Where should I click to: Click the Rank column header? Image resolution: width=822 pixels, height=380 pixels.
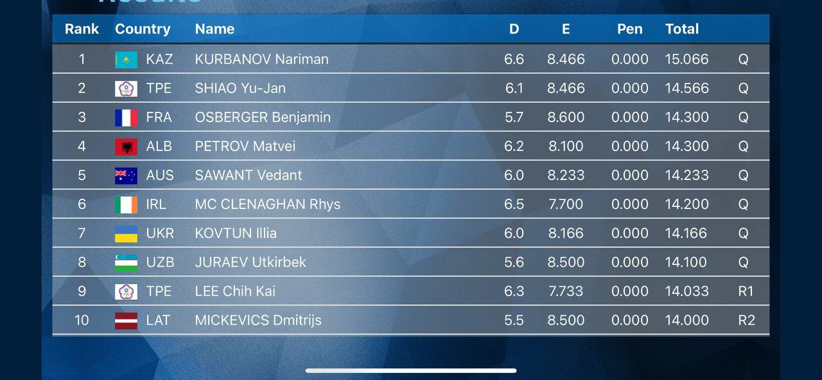point(82,29)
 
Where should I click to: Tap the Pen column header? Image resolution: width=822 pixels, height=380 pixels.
point(629,29)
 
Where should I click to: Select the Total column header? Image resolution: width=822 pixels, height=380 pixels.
point(682,29)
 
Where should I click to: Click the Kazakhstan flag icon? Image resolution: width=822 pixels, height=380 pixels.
point(126,60)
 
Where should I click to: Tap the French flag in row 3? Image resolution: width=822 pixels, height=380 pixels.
point(126,118)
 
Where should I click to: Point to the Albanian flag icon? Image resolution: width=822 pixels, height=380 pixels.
point(126,147)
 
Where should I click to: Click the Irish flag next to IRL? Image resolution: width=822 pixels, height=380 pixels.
point(126,204)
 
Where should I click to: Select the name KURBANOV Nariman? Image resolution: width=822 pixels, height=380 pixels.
point(261,59)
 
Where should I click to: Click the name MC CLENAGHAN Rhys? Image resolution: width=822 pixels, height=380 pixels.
point(267,204)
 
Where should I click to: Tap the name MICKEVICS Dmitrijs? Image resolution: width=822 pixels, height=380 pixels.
point(258,320)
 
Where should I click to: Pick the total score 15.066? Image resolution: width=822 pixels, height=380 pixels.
point(686,59)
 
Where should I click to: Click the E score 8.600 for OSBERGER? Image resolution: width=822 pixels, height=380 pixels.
point(566,118)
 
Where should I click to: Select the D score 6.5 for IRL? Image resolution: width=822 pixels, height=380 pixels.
point(514,204)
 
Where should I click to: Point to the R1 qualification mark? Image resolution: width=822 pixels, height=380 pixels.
point(745,291)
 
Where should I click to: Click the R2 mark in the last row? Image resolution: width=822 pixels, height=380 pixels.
point(746,320)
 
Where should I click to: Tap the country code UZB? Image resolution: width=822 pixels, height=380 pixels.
point(160,262)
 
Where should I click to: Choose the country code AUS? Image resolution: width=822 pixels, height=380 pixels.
point(160,176)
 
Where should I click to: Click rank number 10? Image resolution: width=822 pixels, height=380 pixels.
point(82,320)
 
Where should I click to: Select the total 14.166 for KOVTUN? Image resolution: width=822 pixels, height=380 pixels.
point(686,233)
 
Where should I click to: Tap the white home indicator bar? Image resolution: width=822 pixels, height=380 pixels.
point(411,370)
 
